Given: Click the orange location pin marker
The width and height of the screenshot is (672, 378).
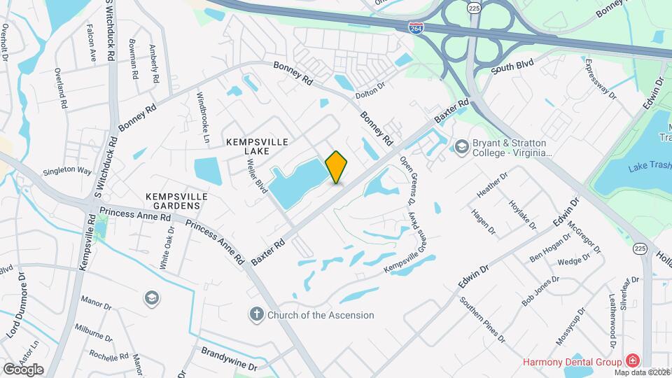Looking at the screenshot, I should click(x=337, y=167).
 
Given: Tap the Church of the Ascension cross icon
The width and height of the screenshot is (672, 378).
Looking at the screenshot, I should click(x=257, y=314).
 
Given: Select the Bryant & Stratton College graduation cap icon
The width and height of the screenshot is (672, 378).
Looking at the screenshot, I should click(x=461, y=146).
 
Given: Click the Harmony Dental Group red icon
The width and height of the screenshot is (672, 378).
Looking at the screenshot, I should click(x=633, y=361).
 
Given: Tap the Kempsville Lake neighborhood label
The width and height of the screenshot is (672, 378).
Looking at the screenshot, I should click(x=258, y=146).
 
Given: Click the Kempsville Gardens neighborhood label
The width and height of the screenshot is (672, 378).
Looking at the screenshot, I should click(x=177, y=202).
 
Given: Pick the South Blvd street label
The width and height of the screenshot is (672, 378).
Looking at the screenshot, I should click(x=512, y=67).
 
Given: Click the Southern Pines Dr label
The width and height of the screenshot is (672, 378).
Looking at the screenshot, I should click(x=482, y=320).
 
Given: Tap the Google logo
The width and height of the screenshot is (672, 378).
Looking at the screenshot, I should click(x=23, y=369).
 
